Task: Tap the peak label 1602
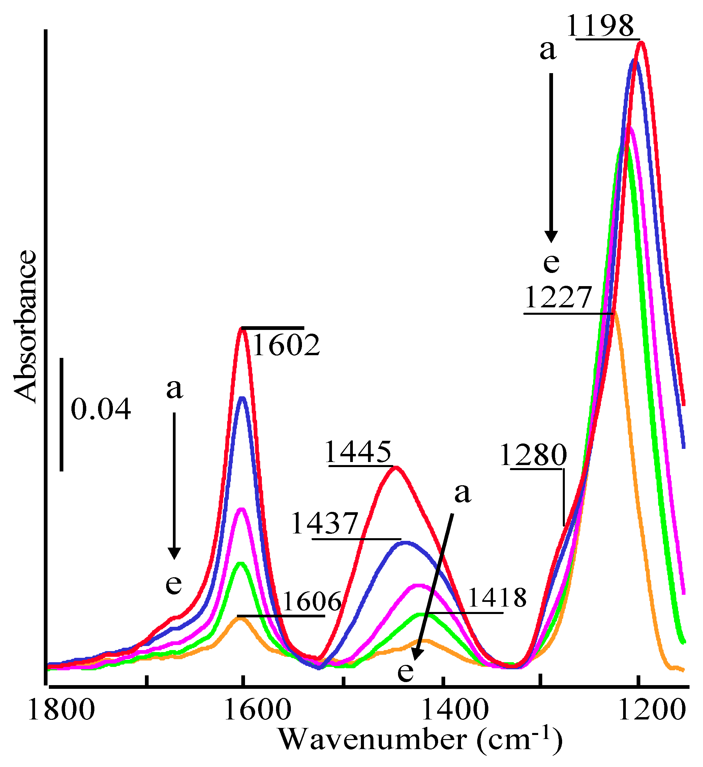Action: pyautogui.click(x=286, y=345)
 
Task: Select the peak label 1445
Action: pyautogui.click(x=358, y=452)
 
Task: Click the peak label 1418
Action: pyautogui.click(x=497, y=598)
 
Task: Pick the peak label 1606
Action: pyautogui.click(x=312, y=602)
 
